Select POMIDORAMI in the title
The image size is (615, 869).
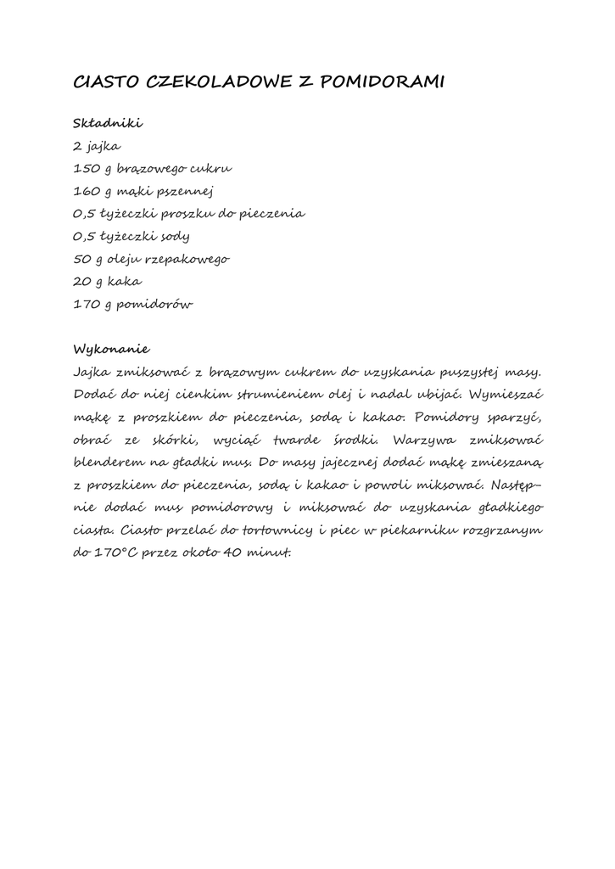pyautogui.click(x=385, y=82)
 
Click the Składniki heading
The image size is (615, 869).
pyautogui.click(x=108, y=123)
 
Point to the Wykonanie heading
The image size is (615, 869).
pyautogui.click(x=111, y=349)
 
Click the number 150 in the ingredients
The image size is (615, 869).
pyautogui.click(x=87, y=169)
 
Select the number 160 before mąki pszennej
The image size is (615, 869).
pyautogui.click(x=87, y=191)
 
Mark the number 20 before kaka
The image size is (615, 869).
pyautogui.click(x=84, y=281)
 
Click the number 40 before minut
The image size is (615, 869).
pyautogui.click(x=235, y=553)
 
